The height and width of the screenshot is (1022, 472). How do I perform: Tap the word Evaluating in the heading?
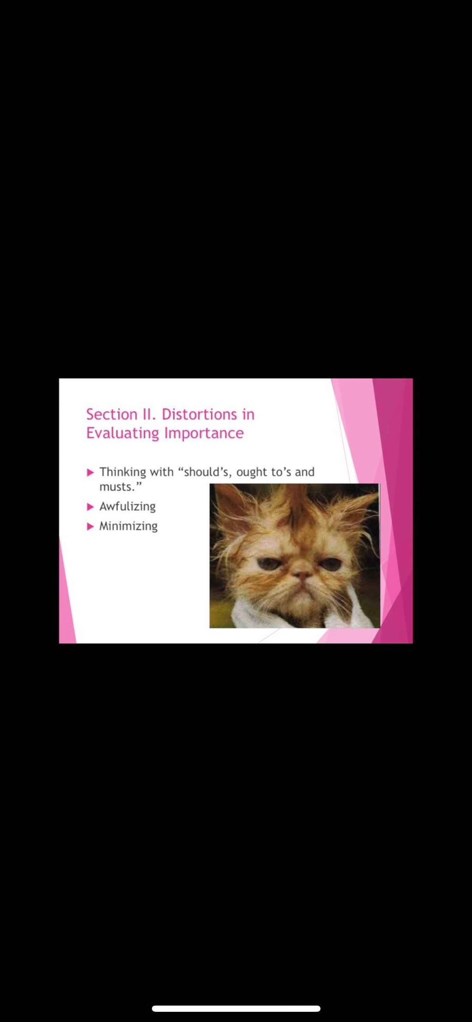123,434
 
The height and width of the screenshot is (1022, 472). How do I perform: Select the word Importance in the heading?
204,433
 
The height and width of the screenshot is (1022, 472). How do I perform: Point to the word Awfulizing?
128,507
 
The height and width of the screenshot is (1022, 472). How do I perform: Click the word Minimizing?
129,526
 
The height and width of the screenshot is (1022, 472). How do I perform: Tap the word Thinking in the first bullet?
123,472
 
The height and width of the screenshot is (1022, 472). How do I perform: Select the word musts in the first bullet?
116,487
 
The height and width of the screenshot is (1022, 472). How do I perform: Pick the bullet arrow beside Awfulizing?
90,507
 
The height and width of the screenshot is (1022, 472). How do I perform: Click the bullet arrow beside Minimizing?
90,526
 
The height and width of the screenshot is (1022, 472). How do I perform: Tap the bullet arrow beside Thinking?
90,472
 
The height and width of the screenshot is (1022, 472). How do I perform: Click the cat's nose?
302,575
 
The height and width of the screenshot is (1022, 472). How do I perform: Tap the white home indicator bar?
236,1009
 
